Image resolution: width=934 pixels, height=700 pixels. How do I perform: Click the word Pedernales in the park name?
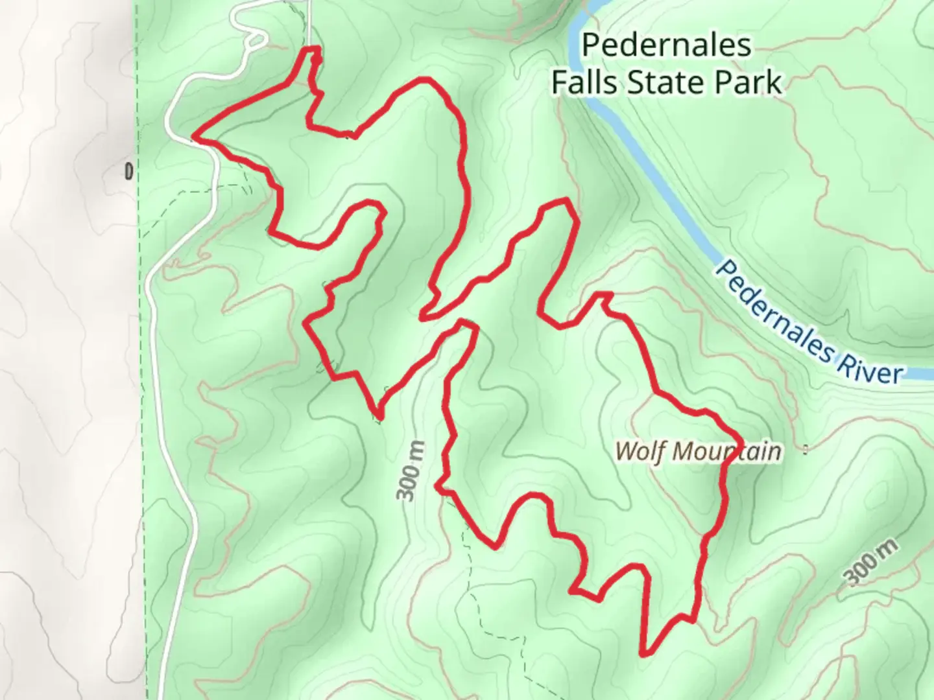coord(667,45)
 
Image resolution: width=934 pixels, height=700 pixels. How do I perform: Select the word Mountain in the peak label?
coord(726,451)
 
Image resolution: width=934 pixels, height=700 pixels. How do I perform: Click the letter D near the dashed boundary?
coord(129,172)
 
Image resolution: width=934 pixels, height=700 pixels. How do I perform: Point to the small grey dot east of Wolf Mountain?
coord(806,448)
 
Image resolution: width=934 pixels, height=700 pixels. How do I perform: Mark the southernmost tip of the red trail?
coord(643,654)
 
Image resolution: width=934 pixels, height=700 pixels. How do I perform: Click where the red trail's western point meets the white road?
coord(194,137)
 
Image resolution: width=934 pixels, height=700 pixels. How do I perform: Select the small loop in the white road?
coord(255,40)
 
